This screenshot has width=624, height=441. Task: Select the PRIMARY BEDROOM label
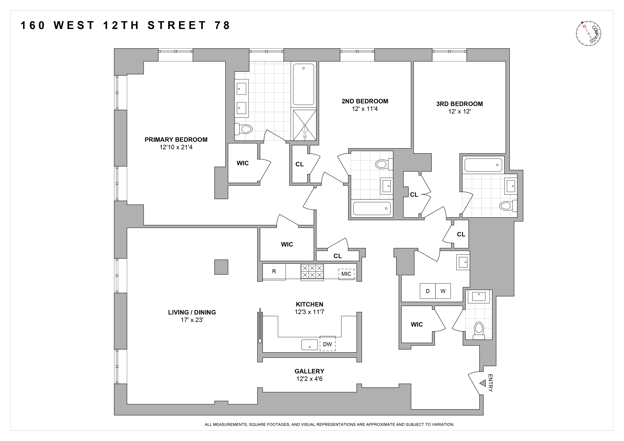176,140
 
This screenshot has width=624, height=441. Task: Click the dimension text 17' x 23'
192,320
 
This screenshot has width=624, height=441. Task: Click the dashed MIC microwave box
346,274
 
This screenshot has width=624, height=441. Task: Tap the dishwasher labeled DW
327,344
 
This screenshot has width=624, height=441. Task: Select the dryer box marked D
427,291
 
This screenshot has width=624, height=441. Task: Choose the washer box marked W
443,291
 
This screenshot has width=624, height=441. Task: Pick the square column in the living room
221,267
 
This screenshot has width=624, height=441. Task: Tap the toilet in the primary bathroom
244,129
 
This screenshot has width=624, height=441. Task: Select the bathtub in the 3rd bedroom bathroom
483,165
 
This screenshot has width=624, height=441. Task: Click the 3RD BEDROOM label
459,104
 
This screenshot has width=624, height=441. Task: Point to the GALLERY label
309,371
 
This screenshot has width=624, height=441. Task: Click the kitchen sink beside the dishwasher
310,345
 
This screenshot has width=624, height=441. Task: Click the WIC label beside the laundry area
417,324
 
